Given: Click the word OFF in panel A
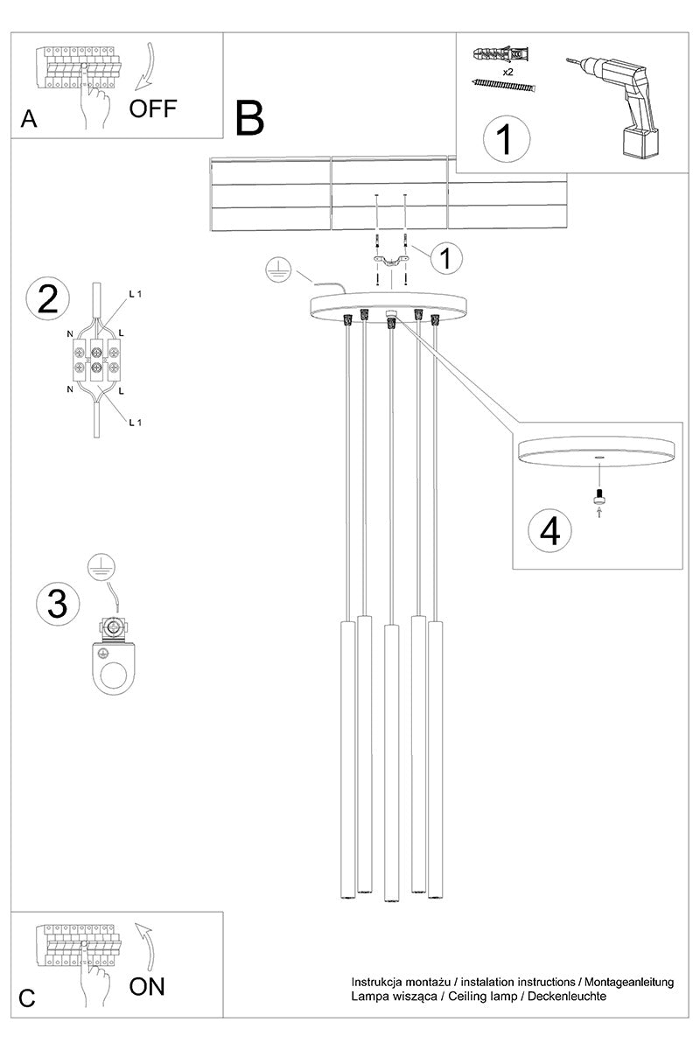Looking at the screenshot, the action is [153, 108].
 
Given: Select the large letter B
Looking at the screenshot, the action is [249, 118].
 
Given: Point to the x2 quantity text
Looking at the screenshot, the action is [507, 72].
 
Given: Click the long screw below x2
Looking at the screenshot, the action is [503, 85].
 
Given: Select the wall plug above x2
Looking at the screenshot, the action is [503, 54].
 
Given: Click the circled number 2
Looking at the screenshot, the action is [48, 299].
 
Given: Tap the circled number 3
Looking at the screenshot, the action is [58, 604].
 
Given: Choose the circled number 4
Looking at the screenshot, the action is [549, 531].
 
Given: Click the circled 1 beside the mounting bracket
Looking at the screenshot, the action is [446, 258].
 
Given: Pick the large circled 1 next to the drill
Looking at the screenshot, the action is [507, 139].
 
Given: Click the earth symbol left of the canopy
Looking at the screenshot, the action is [278, 270].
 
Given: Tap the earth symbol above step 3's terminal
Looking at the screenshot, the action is [101, 567].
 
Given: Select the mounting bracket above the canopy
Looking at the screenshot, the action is [391, 262].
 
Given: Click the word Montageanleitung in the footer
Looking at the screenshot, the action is [629, 983].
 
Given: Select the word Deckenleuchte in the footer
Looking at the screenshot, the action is [567, 996].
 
